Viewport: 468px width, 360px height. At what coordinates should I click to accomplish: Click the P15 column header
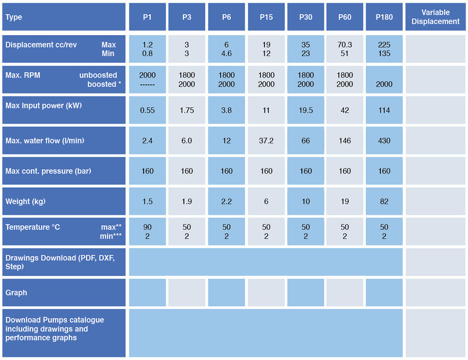coord(266,17)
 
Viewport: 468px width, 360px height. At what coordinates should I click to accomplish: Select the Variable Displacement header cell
coord(435,17)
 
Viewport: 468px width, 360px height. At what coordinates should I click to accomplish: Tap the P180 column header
coord(384,17)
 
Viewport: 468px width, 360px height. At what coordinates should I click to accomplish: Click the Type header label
coord(14,17)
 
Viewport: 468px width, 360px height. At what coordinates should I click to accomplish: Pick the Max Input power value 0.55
coord(147,110)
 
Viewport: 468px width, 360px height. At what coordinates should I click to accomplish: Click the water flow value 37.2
coord(266,141)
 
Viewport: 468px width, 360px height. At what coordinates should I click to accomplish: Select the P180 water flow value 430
coord(384,141)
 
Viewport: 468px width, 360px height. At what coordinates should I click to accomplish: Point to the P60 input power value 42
coord(345,110)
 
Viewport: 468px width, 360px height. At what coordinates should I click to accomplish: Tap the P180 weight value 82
coord(384,201)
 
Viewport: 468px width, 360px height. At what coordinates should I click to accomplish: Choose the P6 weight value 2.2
coord(227,201)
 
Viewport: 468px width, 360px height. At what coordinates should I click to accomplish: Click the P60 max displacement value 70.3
coord(345,44)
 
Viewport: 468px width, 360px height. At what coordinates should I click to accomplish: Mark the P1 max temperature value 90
coord(147,227)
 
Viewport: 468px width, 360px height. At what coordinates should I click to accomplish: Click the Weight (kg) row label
coord(25,202)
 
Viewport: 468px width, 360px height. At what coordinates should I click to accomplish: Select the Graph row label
coord(16,293)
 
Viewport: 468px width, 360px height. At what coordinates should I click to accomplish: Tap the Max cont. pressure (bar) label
coord(48,171)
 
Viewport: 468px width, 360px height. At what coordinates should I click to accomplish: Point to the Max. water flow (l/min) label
coord(45,141)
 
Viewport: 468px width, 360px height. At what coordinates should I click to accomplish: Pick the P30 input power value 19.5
coord(306,110)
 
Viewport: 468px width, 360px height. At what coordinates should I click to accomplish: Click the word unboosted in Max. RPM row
coord(98,75)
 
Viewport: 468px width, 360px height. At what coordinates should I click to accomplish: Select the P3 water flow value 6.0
coord(187,141)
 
